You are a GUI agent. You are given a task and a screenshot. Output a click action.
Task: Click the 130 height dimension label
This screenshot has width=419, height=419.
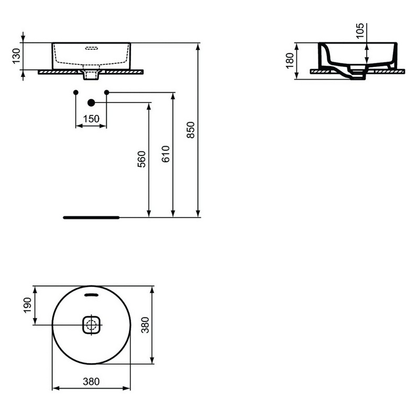(x=16, y=56)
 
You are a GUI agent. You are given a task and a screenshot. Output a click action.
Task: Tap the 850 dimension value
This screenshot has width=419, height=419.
(x=191, y=130)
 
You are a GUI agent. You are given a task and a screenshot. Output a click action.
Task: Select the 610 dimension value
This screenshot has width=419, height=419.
(x=166, y=154)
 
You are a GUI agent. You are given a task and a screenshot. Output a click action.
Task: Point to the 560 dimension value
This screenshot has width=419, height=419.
(x=141, y=159)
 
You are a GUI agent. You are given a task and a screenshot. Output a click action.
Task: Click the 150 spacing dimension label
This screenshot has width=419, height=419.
(x=91, y=119)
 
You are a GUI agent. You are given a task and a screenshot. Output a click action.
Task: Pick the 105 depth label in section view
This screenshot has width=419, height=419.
(x=360, y=30)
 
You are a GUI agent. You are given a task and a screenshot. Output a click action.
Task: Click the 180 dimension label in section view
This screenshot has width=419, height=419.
(x=290, y=61)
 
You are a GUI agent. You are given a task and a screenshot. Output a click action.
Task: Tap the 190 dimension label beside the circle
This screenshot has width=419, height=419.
(x=28, y=305)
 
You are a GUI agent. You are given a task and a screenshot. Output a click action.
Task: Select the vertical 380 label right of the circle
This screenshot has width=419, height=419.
(x=146, y=325)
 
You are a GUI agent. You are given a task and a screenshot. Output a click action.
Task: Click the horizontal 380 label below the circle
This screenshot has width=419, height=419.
(x=91, y=382)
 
